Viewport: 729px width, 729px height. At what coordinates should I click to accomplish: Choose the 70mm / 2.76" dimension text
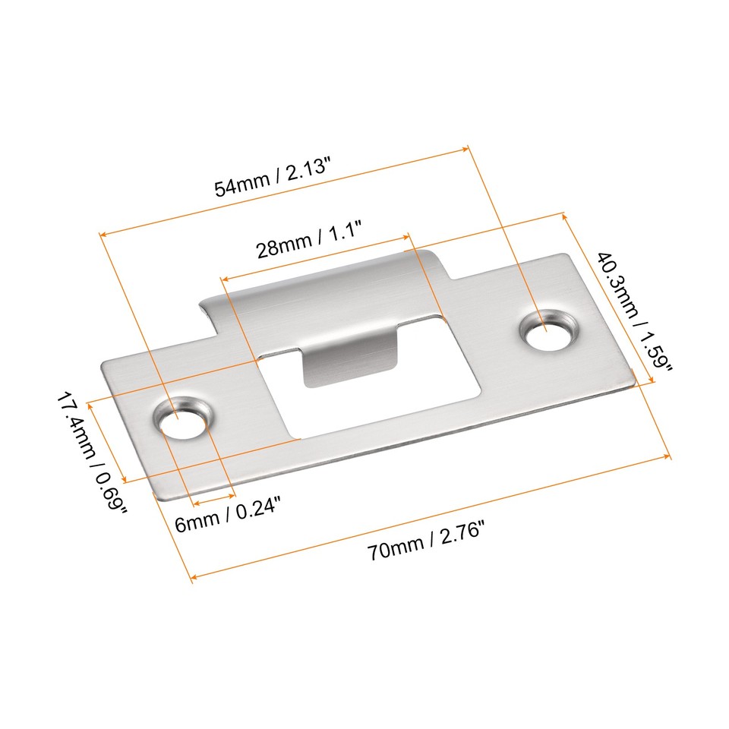(425, 548)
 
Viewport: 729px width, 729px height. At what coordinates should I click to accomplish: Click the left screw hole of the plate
(182, 421)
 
